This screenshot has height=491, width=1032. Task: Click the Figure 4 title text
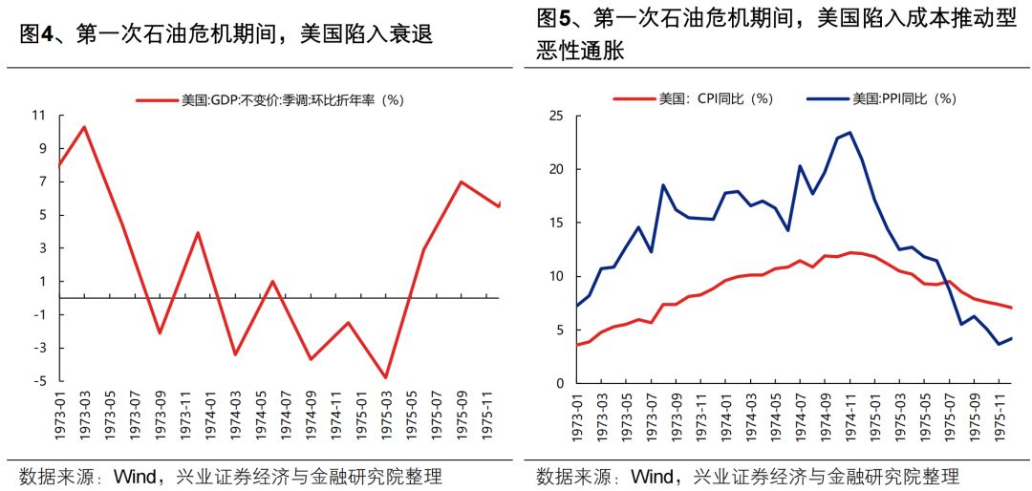click(226, 35)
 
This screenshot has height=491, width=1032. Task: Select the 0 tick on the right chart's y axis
click(563, 383)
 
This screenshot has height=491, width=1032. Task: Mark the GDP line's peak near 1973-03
click(84, 127)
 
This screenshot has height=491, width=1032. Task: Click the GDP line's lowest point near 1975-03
click(386, 377)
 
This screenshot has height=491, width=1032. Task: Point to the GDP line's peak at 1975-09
click(462, 181)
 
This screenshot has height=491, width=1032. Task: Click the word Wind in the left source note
click(137, 476)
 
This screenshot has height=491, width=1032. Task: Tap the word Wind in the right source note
click(655, 476)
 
